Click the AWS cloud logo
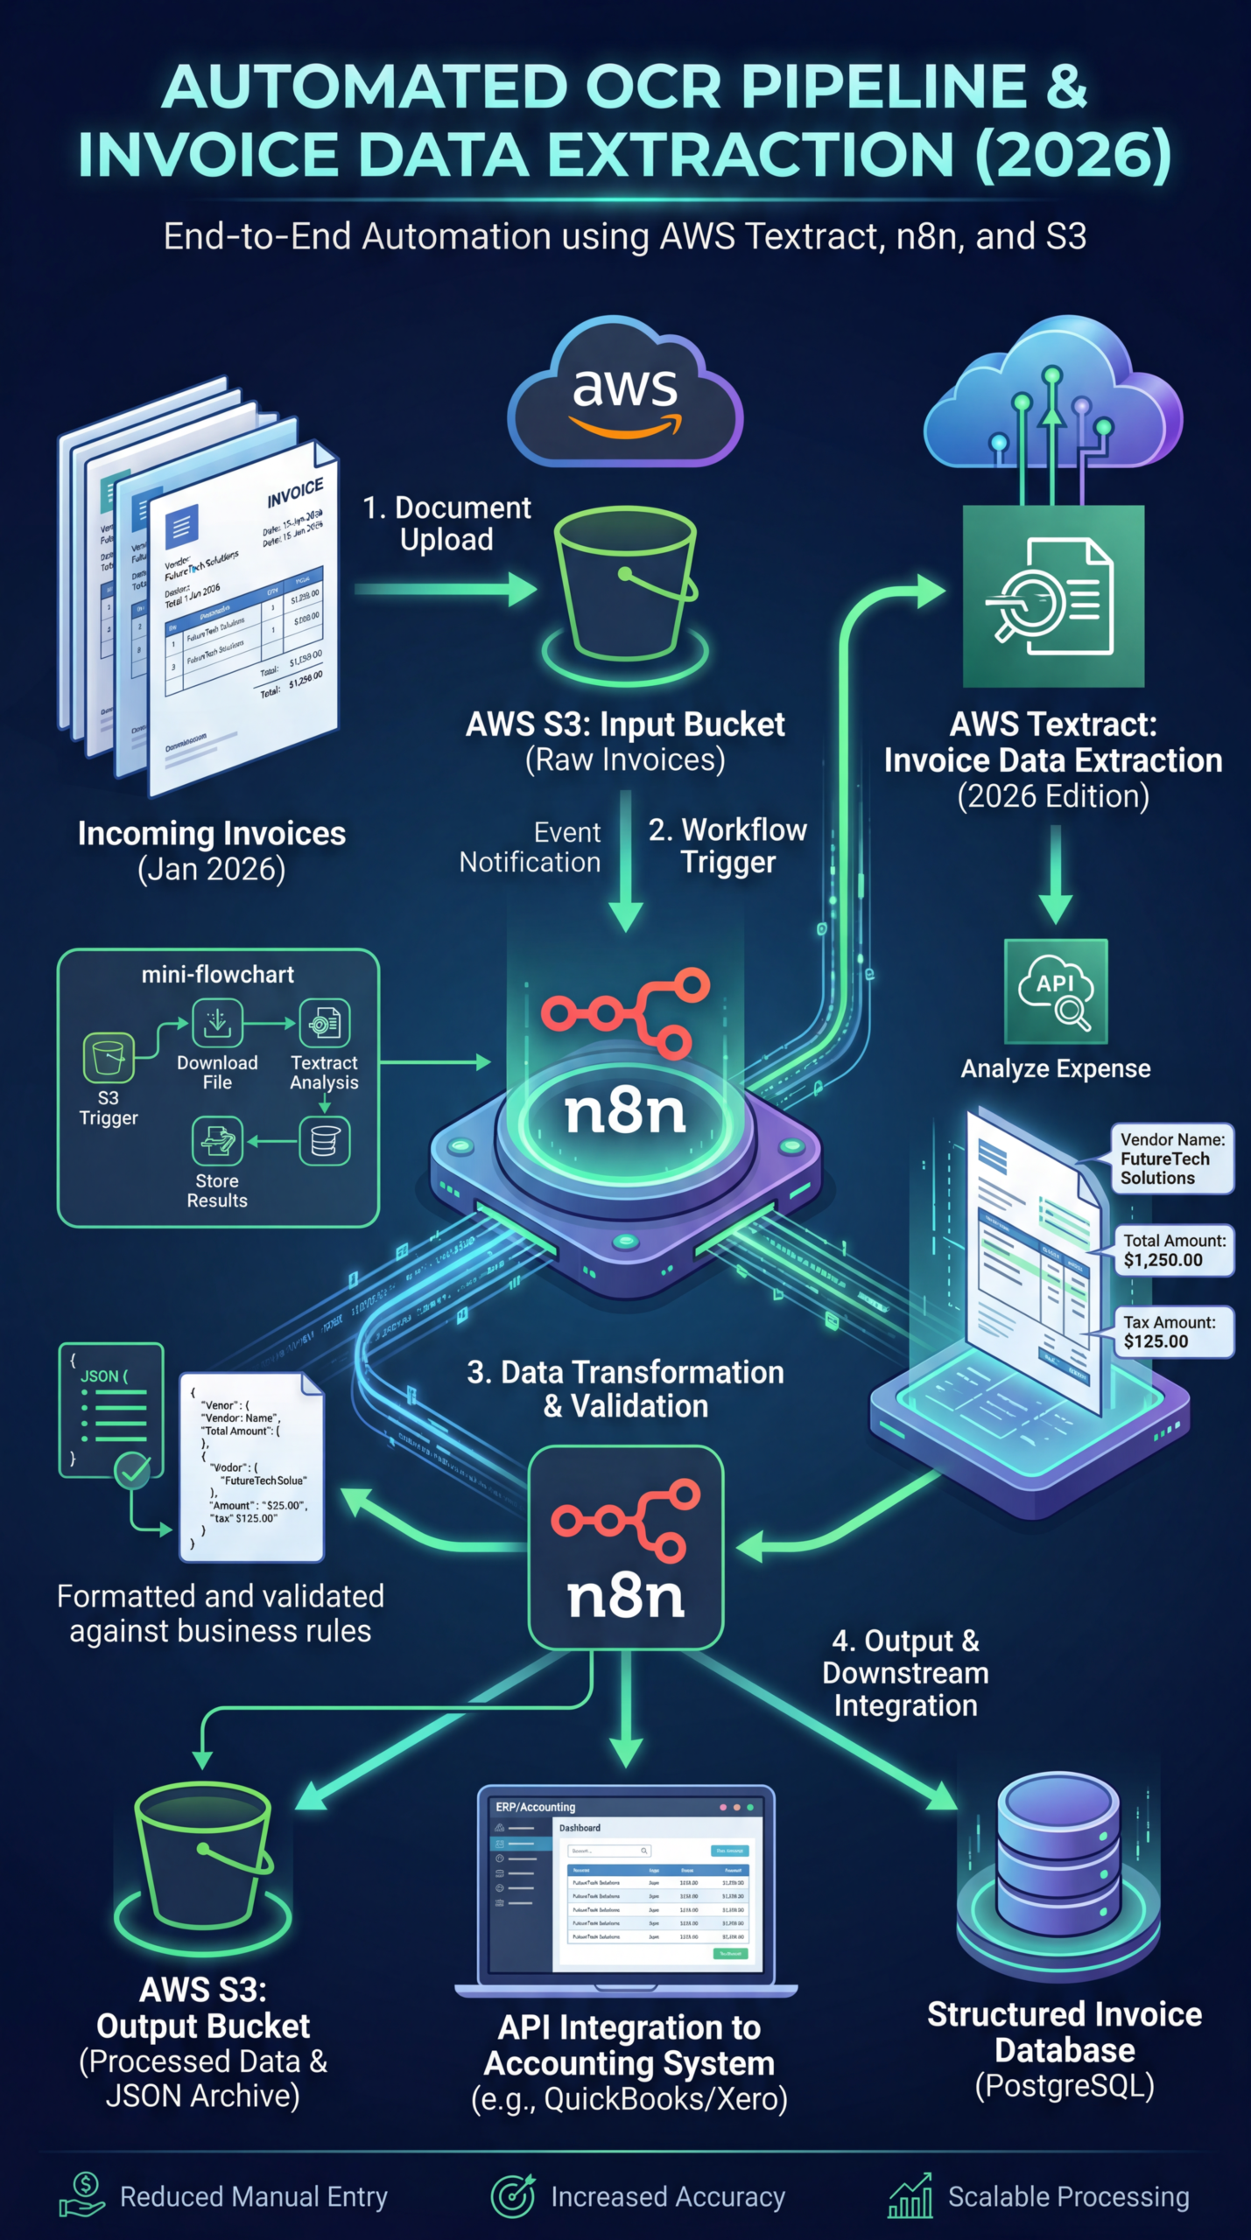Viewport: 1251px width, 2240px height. click(625, 394)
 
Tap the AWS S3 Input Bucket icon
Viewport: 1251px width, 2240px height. click(625, 586)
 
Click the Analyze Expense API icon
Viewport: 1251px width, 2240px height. click(1056, 991)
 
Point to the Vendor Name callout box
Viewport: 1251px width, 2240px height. click(1172, 1158)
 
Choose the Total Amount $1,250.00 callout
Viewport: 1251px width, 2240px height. click(1173, 1250)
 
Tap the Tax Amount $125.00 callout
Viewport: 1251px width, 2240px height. click(1173, 1332)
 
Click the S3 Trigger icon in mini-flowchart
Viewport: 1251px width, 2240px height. click(109, 1058)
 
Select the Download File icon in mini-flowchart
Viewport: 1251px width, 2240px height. click(217, 1023)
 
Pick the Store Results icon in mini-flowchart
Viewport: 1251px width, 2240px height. click(217, 1141)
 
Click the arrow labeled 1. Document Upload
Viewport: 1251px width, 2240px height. click(446, 589)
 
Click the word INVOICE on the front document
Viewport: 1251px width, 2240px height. click(295, 493)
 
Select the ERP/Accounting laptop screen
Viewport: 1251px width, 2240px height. click(626, 1881)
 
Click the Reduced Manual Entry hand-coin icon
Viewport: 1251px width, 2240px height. click(81, 2195)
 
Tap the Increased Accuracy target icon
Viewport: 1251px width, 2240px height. click(513, 2195)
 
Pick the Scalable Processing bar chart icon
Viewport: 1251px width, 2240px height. click(910, 2195)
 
